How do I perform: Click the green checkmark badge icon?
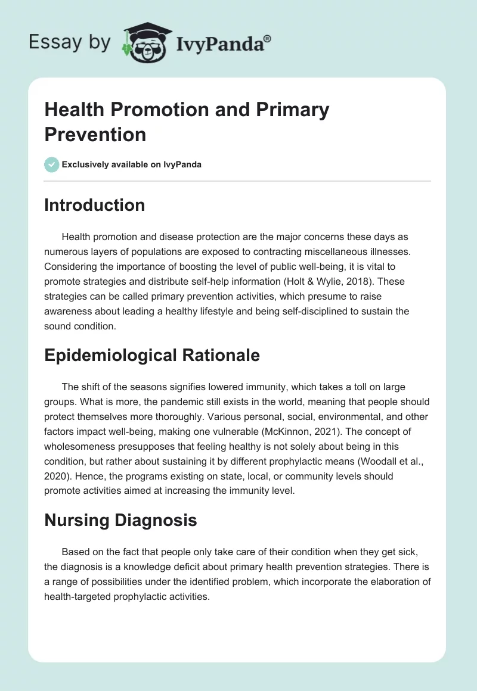(52, 164)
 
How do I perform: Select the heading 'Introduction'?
(95, 205)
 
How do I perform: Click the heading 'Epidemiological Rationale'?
(152, 355)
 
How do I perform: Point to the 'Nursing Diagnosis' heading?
(120, 520)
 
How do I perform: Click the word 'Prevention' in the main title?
(95, 134)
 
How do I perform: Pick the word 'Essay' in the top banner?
(54, 42)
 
